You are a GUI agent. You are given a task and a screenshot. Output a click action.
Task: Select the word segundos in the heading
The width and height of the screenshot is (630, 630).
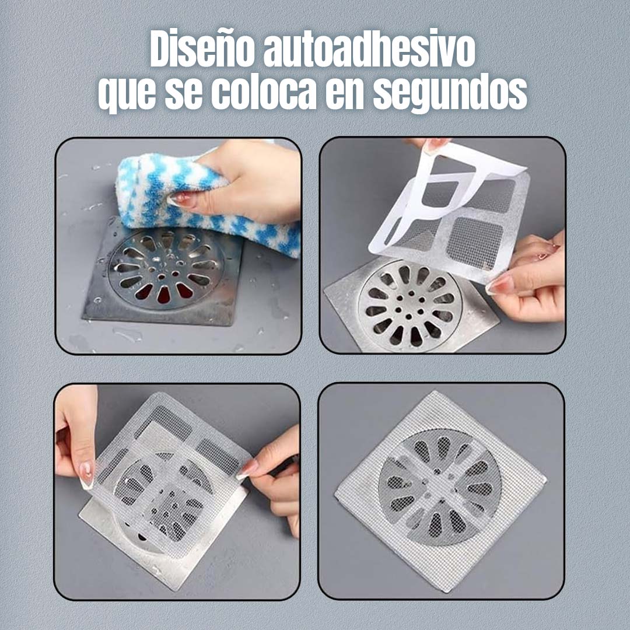tap(450, 93)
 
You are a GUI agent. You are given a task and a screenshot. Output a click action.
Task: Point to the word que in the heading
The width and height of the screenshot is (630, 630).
tap(127, 95)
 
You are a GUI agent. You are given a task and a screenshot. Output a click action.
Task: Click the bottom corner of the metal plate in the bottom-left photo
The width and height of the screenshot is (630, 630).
tap(176, 590)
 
